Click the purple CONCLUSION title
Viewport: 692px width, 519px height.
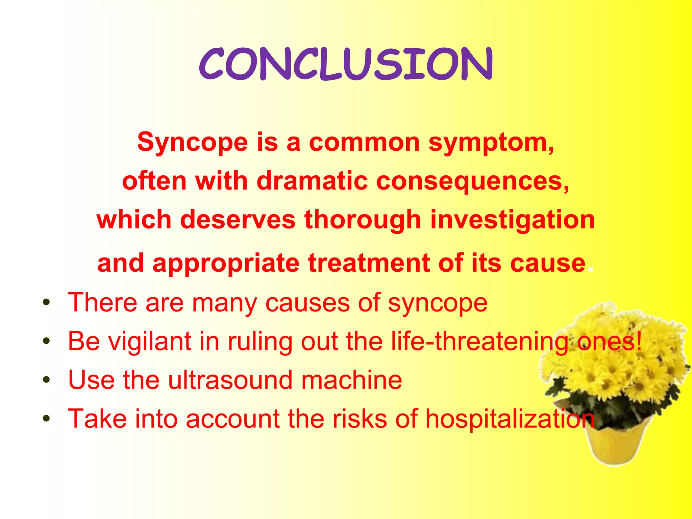pos(346,64)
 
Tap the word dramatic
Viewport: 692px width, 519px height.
pos(312,181)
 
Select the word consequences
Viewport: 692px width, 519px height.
pos(472,181)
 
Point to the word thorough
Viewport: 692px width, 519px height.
pos(363,220)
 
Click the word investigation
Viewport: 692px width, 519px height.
pos(512,220)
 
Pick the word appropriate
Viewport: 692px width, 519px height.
pos(226,263)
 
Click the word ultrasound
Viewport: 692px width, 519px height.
pos(230,380)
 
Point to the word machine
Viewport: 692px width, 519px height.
pos(351,380)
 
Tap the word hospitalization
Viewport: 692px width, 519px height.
pos(510,419)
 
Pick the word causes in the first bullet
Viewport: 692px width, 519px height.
pos(307,302)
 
